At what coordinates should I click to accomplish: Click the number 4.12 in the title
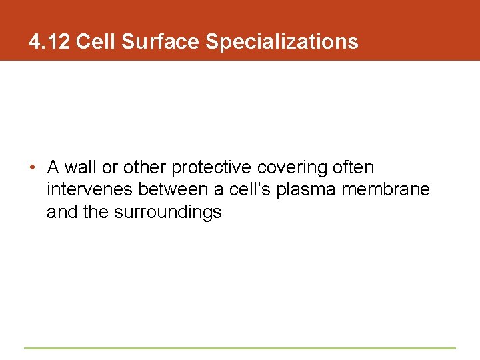click(x=50, y=42)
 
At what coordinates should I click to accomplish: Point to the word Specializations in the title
click(x=281, y=43)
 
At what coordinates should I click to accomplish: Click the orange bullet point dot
click(x=32, y=167)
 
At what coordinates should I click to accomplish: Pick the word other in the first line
click(x=144, y=167)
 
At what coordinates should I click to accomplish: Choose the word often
click(x=353, y=167)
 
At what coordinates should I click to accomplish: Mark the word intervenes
click(x=90, y=190)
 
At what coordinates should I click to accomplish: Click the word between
click(x=173, y=190)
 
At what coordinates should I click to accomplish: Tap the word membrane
click(x=386, y=190)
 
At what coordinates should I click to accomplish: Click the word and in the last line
click(x=60, y=213)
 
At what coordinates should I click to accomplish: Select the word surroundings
click(x=165, y=213)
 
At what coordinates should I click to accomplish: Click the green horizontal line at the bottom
click(x=239, y=348)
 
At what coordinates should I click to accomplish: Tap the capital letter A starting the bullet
click(x=53, y=167)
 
